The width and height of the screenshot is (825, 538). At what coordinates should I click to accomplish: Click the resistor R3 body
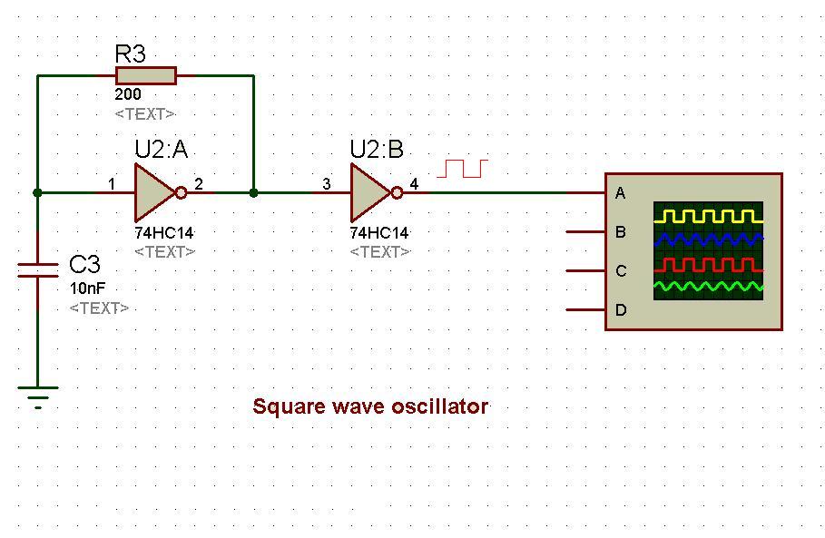146,75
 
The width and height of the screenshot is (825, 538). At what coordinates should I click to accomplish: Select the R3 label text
130,54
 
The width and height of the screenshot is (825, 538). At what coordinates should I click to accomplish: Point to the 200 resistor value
128,94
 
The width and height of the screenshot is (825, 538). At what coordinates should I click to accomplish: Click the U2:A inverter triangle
154,193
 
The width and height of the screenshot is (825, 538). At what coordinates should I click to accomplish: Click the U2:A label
161,150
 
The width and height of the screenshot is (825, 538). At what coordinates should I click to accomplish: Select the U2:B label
377,150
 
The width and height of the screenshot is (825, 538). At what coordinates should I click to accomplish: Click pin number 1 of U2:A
112,183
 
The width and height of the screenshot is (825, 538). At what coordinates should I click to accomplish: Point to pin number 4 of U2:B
414,183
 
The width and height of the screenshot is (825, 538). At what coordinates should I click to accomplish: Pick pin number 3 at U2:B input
327,183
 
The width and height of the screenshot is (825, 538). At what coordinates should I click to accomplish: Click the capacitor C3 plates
38,269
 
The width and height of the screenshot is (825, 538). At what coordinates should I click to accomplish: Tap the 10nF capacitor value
88,289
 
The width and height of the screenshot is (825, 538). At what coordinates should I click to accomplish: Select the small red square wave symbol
463,169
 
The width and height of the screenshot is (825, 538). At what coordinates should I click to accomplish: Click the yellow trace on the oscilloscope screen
708,216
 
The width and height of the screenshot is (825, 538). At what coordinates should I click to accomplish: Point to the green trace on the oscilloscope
708,287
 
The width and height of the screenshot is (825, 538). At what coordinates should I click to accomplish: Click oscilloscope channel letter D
621,310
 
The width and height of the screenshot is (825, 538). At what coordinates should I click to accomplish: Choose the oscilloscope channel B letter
621,232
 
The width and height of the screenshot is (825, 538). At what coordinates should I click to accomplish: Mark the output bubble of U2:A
181,193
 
